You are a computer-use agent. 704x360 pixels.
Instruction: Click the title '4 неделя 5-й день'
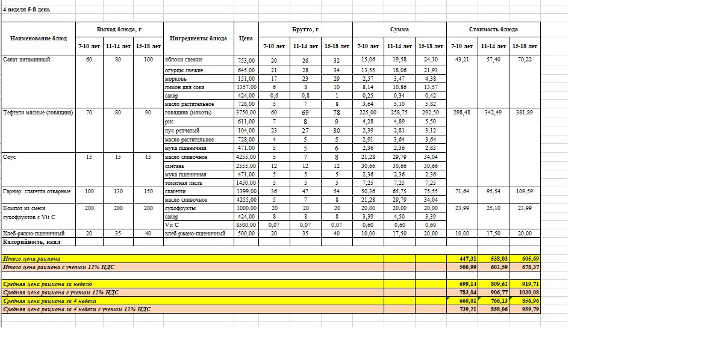(26, 10)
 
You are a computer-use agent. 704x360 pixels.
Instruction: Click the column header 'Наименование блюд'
(39, 38)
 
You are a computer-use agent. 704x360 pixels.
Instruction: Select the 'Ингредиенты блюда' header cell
(198, 38)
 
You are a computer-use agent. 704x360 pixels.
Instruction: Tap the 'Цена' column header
(246, 38)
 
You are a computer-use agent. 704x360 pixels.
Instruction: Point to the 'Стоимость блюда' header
(493, 29)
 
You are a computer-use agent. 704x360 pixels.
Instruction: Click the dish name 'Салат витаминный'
(26, 60)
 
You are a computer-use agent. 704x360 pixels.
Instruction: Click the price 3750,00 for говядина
(246, 113)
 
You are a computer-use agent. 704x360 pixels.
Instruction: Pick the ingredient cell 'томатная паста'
(184, 183)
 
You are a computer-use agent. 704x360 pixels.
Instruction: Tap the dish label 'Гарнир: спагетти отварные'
(37, 191)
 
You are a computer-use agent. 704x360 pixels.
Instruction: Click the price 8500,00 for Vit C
(246, 225)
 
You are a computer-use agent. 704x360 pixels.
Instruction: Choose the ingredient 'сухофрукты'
(180, 208)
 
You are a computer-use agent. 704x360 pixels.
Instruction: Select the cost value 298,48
(461, 113)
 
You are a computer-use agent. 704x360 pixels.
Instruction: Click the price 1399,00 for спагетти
(246, 191)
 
